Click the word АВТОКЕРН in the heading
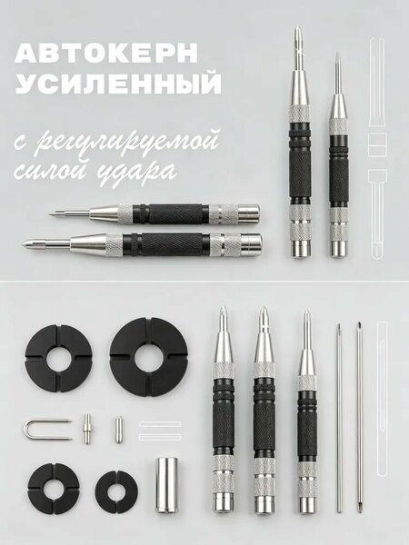coord(106,54)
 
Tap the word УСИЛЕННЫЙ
coord(118,84)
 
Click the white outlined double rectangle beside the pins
coord(160,431)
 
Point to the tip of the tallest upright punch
coord(298,26)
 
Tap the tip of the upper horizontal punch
coord(50,213)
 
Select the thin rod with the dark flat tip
coord(360,418)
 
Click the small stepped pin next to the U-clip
coord(86,429)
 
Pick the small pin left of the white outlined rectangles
coord(117,429)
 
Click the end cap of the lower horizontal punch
coord(252,243)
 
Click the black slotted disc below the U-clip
coord(54,489)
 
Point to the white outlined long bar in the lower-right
coord(382,399)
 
